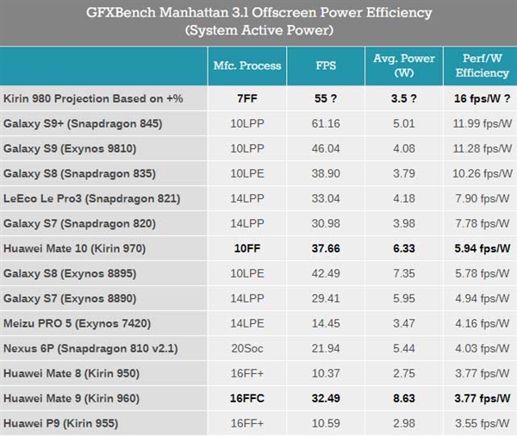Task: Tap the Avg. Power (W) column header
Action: pyautogui.click(x=402, y=66)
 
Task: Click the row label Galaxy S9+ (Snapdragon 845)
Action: pyautogui.click(x=83, y=123)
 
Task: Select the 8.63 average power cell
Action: pyautogui.click(x=402, y=398)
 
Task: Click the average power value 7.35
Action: pyautogui.click(x=402, y=273)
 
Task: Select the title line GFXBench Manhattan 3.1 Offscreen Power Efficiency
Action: pyautogui.click(x=258, y=14)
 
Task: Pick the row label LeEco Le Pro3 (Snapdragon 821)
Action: pyautogui.click(x=92, y=198)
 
